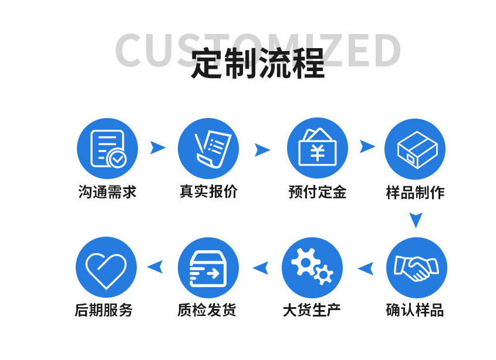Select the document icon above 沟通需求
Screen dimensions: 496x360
point(107,148)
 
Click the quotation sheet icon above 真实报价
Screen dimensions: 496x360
point(208,148)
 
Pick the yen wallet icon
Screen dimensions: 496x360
point(317,148)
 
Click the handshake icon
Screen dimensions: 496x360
point(416,267)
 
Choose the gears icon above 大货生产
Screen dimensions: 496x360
point(312,267)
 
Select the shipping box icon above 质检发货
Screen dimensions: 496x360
point(208,267)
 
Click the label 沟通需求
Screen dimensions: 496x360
point(107,192)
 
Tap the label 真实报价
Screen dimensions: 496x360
point(208,192)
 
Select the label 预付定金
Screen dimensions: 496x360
point(317,192)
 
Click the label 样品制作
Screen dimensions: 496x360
point(415,193)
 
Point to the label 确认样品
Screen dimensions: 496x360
point(415,310)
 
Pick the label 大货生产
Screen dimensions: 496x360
point(312,310)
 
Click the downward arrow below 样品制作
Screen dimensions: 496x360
point(416,220)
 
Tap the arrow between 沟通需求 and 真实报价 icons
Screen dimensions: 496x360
point(157,147)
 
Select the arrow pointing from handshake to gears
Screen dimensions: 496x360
point(365,268)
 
